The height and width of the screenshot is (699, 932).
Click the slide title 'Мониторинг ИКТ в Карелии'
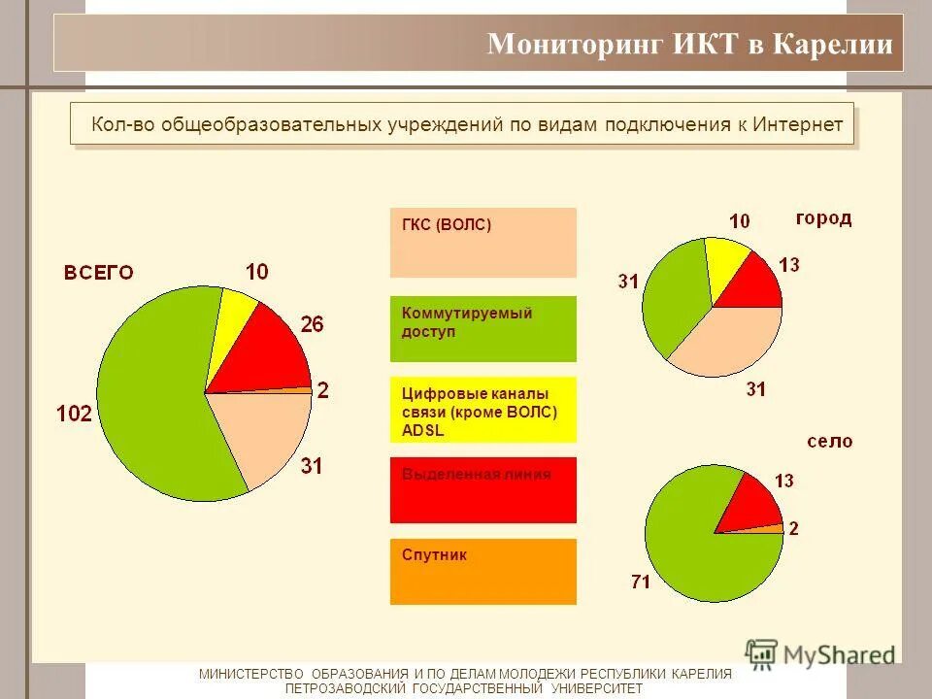pyautogui.click(x=689, y=45)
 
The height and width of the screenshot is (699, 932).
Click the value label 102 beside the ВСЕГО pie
pyautogui.click(x=74, y=415)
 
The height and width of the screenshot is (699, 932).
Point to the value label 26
pyautogui.click(x=311, y=325)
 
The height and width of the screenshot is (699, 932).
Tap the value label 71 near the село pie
pyautogui.click(x=640, y=582)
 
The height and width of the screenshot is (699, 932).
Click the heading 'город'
pyautogui.click(x=823, y=219)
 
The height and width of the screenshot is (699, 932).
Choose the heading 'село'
pyautogui.click(x=830, y=442)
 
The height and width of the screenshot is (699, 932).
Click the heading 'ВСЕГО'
pyautogui.click(x=99, y=273)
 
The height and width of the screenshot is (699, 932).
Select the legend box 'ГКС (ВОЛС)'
pyautogui.click(x=483, y=243)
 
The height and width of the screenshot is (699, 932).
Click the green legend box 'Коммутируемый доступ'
pyautogui.click(x=483, y=329)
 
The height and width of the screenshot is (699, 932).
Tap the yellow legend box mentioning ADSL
pyautogui.click(x=483, y=410)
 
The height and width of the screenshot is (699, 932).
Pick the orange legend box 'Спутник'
pyautogui.click(x=483, y=572)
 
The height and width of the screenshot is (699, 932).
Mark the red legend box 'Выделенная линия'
pyautogui.click(x=483, y=490)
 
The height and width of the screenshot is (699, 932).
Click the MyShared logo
pyautogui.click(x=820, y=654)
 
